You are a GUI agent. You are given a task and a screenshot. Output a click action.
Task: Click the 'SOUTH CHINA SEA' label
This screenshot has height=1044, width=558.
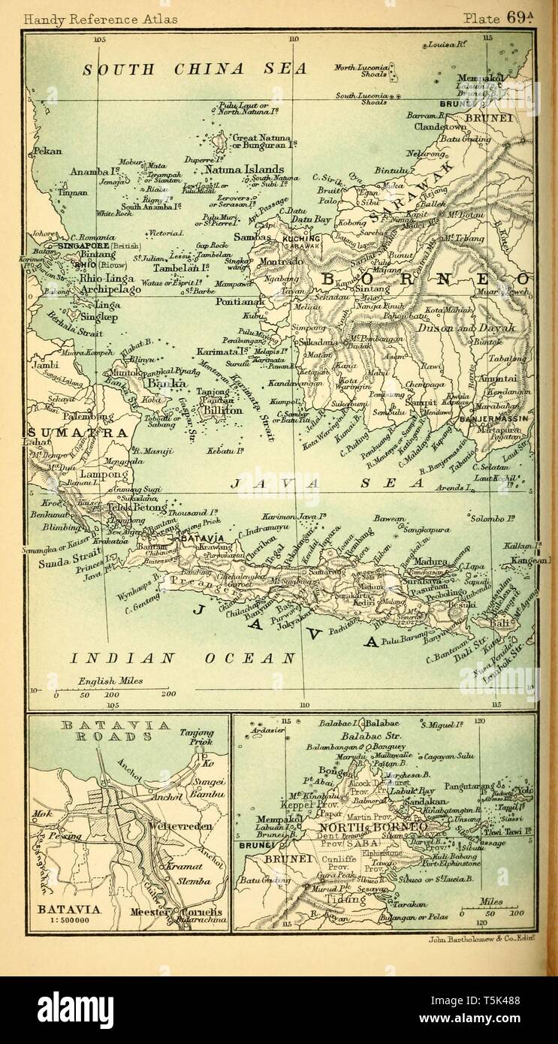(x=195, y=70)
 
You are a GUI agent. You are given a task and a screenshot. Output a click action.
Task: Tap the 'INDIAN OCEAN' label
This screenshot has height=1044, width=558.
(x=183, y=658)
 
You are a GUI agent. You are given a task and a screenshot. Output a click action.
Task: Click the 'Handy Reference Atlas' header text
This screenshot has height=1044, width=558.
(x=101, y=19)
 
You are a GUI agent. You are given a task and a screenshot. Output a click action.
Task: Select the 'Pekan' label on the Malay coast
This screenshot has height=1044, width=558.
(x=47, y=151)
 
